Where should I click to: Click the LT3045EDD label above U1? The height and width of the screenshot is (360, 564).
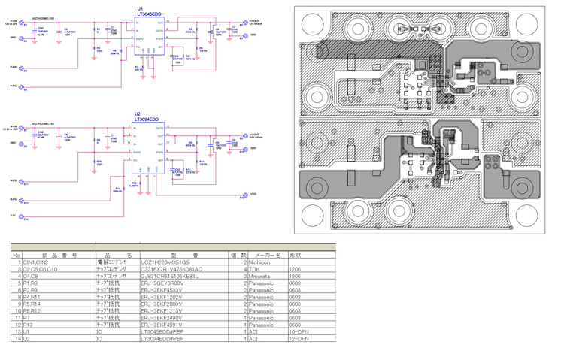pyautogui.click(x=148, y=14)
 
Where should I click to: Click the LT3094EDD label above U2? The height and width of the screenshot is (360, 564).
pyautogui.click(x=147, y=119)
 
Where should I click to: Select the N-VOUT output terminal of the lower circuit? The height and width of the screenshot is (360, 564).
pyautogui.click(x=244, y=139)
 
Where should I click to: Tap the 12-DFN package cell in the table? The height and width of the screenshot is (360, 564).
pyautogui.click(x=296, y=340)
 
